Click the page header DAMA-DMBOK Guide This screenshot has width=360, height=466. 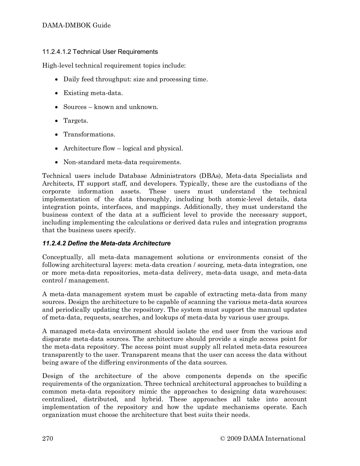76,25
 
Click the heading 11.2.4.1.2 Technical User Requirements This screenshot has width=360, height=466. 100,52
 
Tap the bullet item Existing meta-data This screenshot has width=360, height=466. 93,93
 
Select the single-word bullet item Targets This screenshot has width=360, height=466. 76,121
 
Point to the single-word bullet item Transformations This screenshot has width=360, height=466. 89,134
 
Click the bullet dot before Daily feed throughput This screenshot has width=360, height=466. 57,79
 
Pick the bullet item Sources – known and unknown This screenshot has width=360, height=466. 111,107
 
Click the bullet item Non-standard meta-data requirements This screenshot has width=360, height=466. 122,162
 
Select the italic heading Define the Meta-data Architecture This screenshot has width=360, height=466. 106,243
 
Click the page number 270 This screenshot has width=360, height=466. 48,438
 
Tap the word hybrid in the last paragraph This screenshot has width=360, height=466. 151,399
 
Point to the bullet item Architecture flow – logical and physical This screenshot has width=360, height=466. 123,148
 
